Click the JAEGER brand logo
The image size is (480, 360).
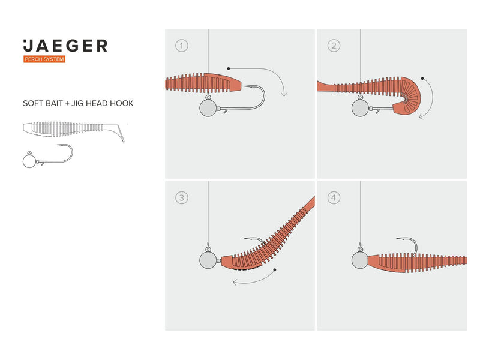(65, 46)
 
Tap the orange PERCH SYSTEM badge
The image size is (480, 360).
(44, 59)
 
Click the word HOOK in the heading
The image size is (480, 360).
(122, 103)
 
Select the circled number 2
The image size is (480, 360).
(334, 45)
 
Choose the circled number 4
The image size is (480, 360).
(334, 197)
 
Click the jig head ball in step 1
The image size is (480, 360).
(208, 108)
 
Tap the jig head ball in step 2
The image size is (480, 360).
(360, 108)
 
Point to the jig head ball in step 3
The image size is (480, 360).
(208, 260)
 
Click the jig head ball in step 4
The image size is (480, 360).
(360, 260)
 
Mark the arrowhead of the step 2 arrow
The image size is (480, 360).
(421, 117)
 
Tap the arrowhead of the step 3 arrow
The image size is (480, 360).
(234, 280)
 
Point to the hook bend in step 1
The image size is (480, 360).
(263, 99)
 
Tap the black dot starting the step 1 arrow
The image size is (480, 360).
(229, 69)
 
